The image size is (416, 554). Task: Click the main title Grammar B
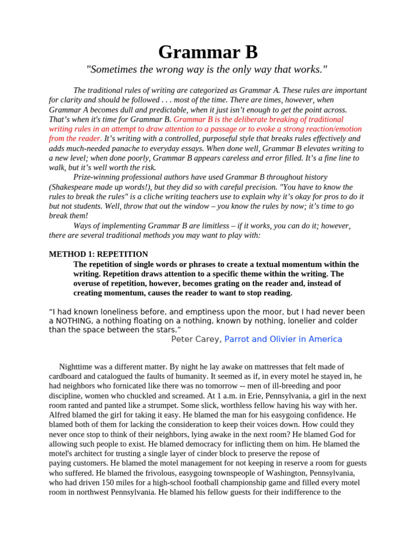click(x=208, y=52)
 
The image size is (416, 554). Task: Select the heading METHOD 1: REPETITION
click(x=98, y=254)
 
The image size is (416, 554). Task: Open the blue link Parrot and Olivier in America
click(x=283, y=339)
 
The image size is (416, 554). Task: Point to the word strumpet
click(x=158, y=405)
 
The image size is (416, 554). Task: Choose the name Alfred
click(x=60, y=415)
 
